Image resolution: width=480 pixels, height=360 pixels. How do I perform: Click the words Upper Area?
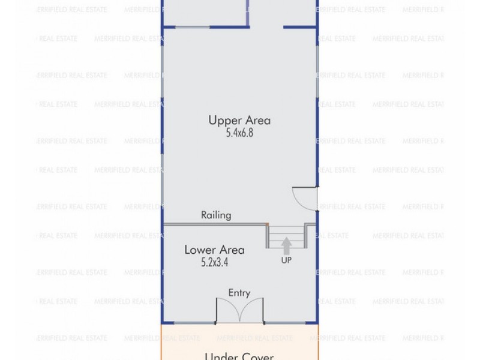[239, 120]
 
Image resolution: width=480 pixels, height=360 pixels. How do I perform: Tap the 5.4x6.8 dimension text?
[239, 133]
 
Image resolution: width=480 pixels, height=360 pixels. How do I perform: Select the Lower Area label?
[210, 250]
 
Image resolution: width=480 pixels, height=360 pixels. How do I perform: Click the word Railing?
[216, 215]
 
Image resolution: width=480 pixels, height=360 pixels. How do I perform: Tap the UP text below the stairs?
[286, 261]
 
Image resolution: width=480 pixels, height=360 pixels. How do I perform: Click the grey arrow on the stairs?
[286, 245]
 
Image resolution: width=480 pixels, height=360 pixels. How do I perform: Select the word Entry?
[239, 293]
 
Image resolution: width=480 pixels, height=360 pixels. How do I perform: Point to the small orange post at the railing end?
[267, 224]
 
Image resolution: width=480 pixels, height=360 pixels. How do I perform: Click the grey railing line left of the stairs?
[215, 224]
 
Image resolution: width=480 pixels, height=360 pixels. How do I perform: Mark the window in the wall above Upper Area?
[187, 27]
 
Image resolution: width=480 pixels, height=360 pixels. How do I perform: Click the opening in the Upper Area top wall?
[266, 27]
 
